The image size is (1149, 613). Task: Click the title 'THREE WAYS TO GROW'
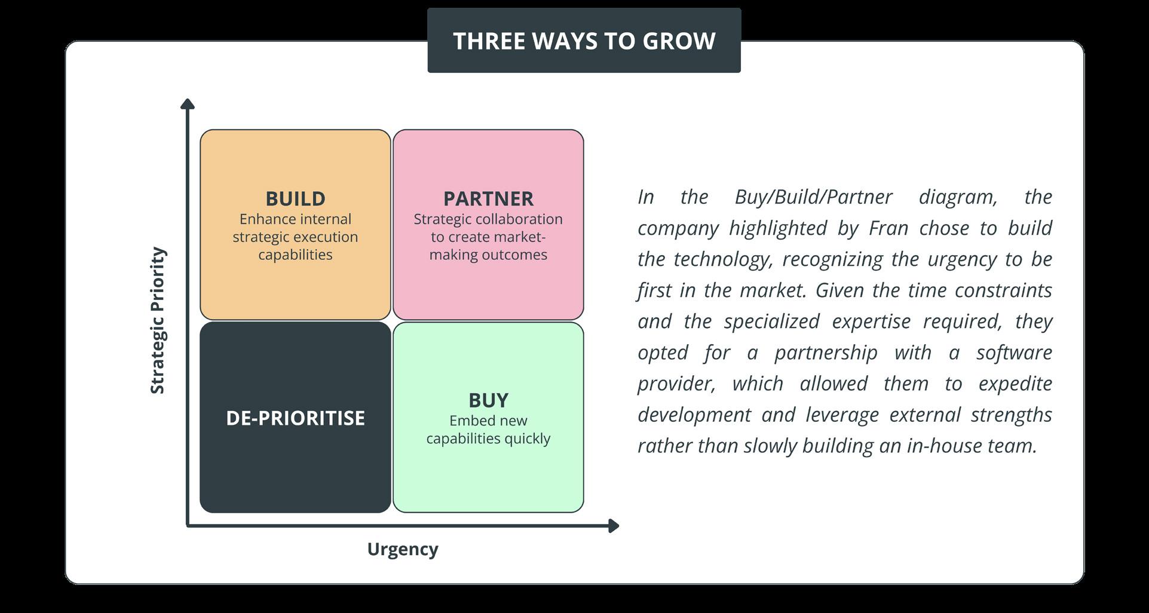(584, 41)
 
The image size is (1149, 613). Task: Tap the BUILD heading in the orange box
(295, 198)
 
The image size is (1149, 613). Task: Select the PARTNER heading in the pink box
(488, 198)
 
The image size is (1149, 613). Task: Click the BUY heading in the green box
(488, 400)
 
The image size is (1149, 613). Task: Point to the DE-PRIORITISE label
(295, 418)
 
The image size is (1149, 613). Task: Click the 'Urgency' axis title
(403, 548)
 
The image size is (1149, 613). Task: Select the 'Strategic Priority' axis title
(157, 320)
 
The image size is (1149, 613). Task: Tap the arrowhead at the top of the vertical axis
(188, 104)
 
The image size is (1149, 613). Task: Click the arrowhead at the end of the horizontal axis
(614, 526)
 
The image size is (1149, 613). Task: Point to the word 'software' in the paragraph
(1014, 352)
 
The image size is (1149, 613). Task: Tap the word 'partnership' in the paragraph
(826, 352)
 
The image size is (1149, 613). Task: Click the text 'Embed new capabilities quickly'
(488, 429)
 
